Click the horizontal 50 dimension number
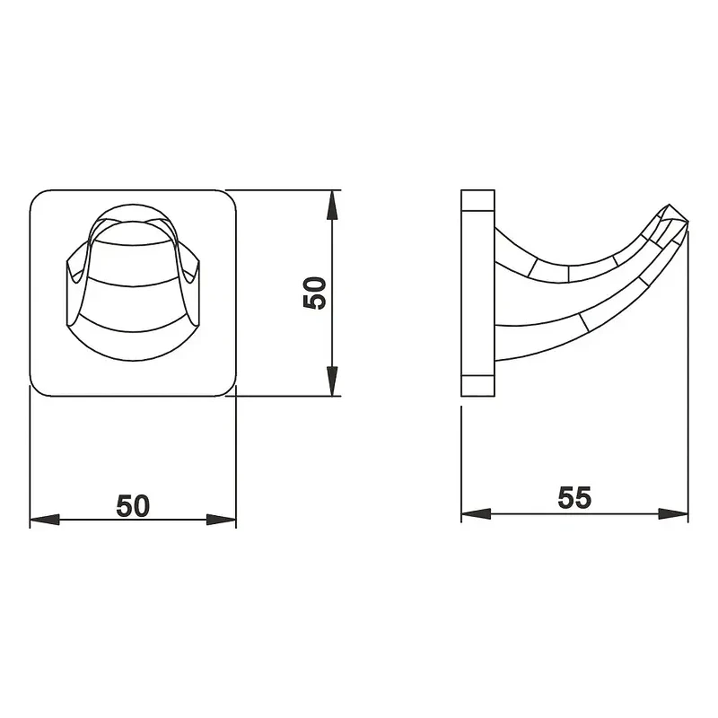point(133,505)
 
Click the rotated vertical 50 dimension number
point(315,293)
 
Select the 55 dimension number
point(574,498)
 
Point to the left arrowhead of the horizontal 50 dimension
point(44,520)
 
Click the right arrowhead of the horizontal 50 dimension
point(221,520)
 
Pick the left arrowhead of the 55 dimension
point(476,513)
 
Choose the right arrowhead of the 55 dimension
point(673,513)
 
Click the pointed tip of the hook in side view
point(687,223)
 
